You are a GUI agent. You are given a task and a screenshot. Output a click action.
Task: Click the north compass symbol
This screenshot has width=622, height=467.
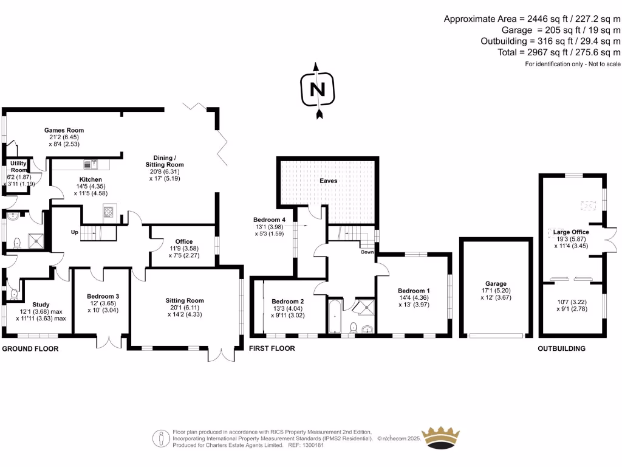[x=316, y=90]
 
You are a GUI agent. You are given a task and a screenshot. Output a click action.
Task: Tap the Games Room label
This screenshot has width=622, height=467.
[x=64, y=130]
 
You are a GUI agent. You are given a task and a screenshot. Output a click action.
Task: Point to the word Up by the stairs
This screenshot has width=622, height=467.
[x=75, y=232]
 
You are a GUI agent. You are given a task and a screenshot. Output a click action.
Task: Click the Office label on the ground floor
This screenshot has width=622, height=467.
[x=184, y=241]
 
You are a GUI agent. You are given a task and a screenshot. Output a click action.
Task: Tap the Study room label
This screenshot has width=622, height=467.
[x=41, y=305]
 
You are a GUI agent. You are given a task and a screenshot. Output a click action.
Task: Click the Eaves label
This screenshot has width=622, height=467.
[x=329, y=181]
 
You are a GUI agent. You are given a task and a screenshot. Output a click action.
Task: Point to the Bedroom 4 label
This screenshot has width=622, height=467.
[x=268, y=220]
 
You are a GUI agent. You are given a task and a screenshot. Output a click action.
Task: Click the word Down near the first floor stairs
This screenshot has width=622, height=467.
[x=367, y=251]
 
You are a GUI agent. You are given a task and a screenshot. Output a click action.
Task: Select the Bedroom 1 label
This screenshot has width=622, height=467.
[x=414, y=291]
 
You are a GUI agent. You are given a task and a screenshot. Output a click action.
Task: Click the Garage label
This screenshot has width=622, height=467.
[x=496, y=283]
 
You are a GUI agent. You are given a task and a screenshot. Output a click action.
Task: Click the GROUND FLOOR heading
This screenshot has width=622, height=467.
[x=30, y=349]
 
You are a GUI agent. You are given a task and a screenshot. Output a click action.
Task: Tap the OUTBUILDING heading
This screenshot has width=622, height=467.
[x=561, y=349]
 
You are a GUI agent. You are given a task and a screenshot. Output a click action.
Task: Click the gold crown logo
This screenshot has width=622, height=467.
[x=443, y=438]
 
